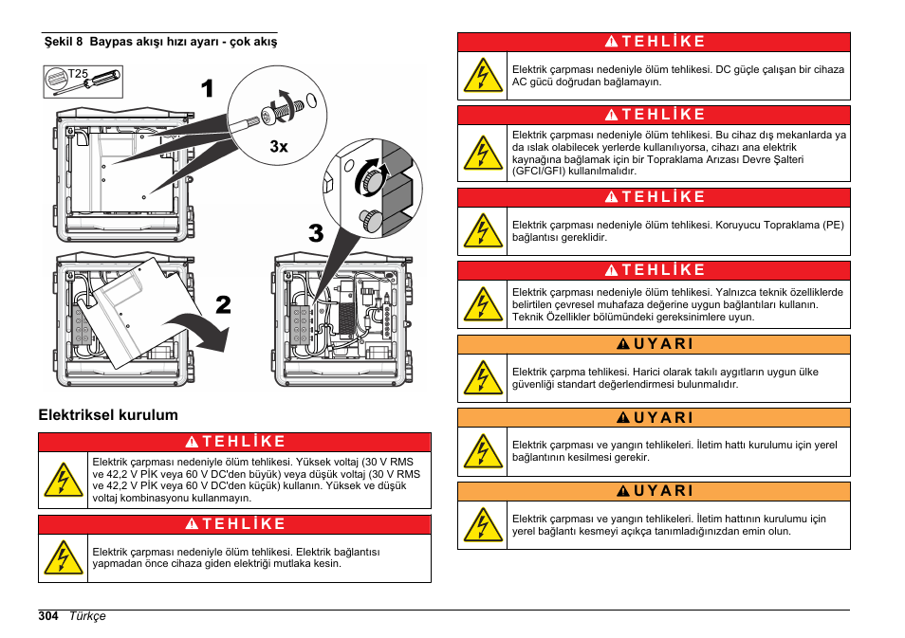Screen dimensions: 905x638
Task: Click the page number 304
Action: pos(47,616)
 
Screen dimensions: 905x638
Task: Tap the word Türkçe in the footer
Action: pos(87,616)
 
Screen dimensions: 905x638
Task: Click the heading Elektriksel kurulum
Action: pos(108,415)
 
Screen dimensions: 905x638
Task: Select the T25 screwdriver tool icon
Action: pos(83,82)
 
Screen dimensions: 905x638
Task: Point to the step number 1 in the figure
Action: pos(207,89)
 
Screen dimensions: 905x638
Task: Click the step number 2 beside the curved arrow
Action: pos(223,304)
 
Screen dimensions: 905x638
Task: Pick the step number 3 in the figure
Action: pos(316,233)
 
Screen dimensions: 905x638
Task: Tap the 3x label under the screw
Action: pos(279,147)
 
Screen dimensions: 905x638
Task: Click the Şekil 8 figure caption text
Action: pos(161,42)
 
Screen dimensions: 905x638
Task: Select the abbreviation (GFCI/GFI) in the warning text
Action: pos(539,171)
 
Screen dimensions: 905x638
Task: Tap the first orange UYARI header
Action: pos(654,344)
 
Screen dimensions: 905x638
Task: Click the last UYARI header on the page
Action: pos(654,491)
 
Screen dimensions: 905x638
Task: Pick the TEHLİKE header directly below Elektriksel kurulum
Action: pos(235,442)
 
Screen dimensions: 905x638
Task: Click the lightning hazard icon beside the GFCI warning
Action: pos(483,154)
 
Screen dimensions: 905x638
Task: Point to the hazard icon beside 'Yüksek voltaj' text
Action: pos(63,480)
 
